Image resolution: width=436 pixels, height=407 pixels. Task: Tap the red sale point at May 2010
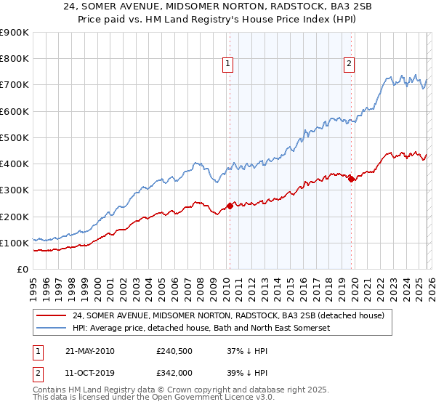230,206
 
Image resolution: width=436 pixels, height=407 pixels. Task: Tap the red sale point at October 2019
351,179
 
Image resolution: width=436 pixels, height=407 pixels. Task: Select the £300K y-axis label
15,190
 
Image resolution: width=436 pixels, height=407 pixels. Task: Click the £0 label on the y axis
22,269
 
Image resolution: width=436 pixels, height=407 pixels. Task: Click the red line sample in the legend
51,315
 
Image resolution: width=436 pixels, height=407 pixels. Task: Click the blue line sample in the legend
51,329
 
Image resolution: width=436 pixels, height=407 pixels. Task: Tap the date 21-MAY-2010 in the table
89,351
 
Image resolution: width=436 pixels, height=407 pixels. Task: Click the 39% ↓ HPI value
247,373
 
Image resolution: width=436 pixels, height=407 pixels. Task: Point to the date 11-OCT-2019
89,373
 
